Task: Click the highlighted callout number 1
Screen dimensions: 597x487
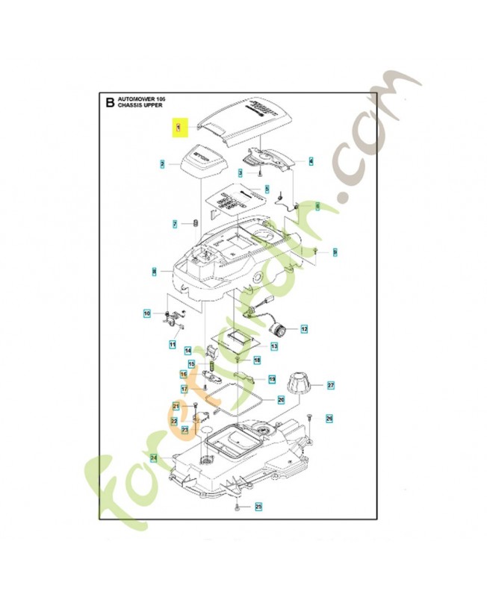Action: (179, 128)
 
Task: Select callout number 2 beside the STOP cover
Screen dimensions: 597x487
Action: (162, 163)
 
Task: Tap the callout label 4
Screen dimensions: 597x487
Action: (311, 160)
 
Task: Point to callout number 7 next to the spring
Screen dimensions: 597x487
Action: (175, 224)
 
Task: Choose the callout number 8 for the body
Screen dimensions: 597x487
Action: (154, 271)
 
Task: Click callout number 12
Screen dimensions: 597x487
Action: (304, 328)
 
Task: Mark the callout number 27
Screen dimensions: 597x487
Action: (330, 385)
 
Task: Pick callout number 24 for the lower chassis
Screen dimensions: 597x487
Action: (153, 457)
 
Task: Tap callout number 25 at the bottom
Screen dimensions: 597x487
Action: (259, 507)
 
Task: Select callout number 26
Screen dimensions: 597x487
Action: (329, 418)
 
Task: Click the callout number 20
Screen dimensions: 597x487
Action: (281, 399)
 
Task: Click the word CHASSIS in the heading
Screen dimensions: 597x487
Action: (131, 107)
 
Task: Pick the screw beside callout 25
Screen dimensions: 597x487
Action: (237, 507)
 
